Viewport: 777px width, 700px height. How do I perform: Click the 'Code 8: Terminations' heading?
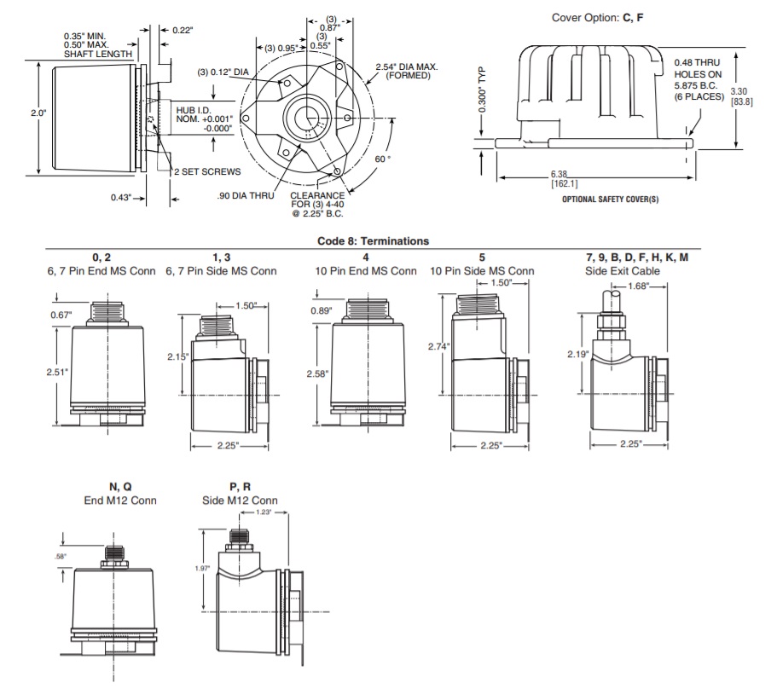(373, 241)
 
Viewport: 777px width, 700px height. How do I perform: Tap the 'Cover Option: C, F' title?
(597, 18)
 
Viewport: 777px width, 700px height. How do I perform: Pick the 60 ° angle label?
(383, 159)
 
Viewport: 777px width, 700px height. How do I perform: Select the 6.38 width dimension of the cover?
(564, 174)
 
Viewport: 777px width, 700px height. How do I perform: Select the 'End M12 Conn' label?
(119, 500)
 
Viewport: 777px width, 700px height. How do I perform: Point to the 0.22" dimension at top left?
(182, 31)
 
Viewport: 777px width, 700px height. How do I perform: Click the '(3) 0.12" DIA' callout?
(222, 71)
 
